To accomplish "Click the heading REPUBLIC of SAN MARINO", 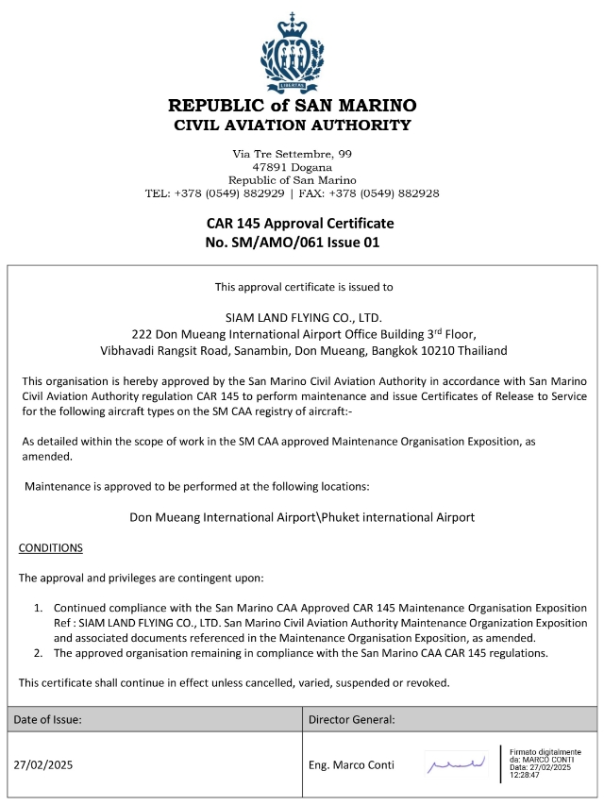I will pyautogui.click(x=292, y=105).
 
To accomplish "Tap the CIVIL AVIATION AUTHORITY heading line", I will pyautogui.click(x=292, y=125).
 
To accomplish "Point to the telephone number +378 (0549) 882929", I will pyautogui.click(x=228, y=193).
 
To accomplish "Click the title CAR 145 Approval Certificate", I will pyautogui.click(x=299, y=224).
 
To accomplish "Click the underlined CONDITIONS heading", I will pyautogui.click(x=51, y=548).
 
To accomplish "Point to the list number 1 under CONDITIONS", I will pyautogui.click(x=39, y=608).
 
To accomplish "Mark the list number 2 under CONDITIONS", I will pyautogui.click(x=39, y=653).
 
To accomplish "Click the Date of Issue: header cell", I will pyautogui.click(x=48, y=719).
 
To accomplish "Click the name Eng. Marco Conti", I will pyautogui.click(x=351, y=764).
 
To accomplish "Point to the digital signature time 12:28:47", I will pyautogui.click(x=528, y=775).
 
